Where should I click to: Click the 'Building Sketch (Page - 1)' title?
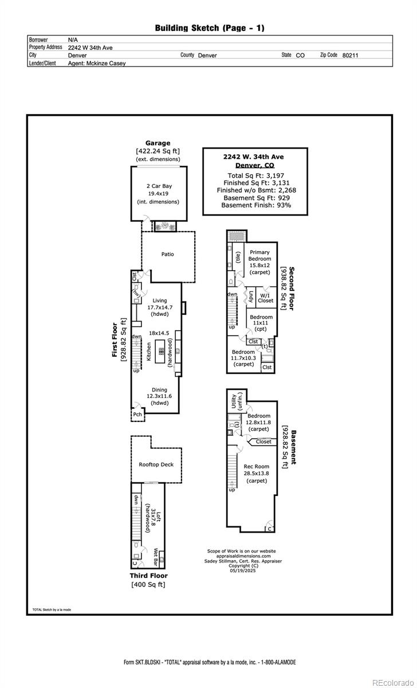(x=210, y=28)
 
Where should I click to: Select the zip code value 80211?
(x=350, y=56)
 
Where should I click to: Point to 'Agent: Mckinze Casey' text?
(x=97, y=64)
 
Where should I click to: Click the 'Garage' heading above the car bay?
(x=158, y=143)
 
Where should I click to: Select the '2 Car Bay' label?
(x=158, y=186)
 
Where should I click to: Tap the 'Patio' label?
(x=167, y=254)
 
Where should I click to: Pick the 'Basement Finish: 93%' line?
(x=256, y=205)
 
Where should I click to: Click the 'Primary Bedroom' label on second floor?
(x=259, y=256)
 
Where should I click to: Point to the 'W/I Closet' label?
(x=266, y=297)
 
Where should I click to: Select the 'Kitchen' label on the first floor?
(x=149, y=351)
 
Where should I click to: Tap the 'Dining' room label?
(x=160, y=390)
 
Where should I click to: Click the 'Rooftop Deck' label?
(x=156, y=464)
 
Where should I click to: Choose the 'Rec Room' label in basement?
(x=257, y=466)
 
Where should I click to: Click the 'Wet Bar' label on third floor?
(x=155, y=556)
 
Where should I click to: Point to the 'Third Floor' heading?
(x=148, y=576)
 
